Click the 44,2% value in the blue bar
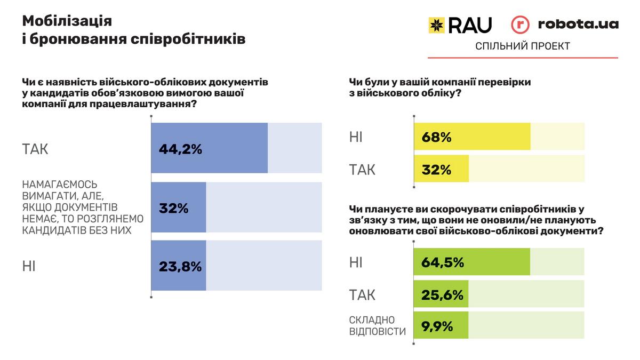[x=180, y=149]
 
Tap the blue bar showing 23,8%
[x=179, y=266]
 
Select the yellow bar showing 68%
[x=472, y=137]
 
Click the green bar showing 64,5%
[x=472, y=262]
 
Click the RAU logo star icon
[x=437, y=25]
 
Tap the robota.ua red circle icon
[x=521, y=25]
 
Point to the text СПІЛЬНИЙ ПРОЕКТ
[x=522, y=46]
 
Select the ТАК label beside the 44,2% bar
[x=35, y=149]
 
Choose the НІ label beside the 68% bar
[x=356, y=137]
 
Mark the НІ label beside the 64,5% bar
[x=356, y=262]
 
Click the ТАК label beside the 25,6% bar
[x=362, y=294]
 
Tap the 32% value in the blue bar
[x=174, y=208]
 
